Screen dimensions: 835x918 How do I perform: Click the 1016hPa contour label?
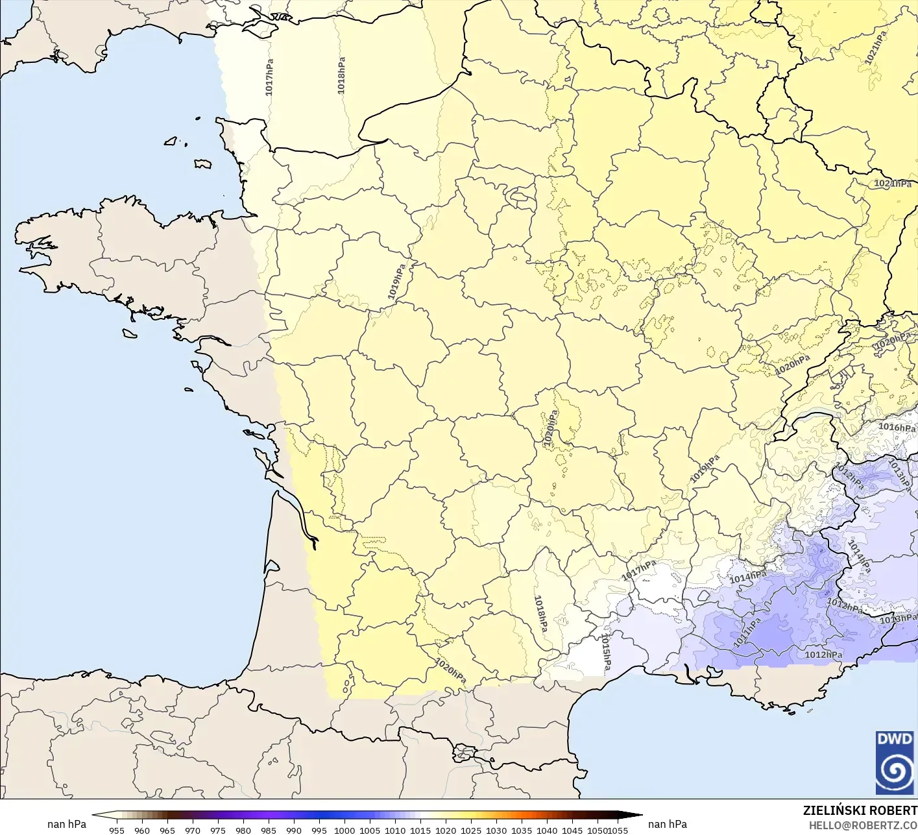[x=897, y=427]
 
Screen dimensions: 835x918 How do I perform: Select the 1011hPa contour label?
[x=747, y=633]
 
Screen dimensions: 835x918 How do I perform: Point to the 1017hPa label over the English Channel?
[x=269, y=77]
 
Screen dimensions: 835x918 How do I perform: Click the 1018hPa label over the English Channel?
[x=341, y=75]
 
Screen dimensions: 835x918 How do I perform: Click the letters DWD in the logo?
[x=894, y=739]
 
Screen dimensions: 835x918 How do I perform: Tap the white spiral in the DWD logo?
[x=895, y=771]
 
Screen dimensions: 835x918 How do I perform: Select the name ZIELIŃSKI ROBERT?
[x=860, y=810]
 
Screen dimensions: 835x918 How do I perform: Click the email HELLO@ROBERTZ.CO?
[x=863, y=825]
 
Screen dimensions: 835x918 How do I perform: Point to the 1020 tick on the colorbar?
[x=446, y=830]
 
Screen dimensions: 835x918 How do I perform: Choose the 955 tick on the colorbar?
[x=117, y=830]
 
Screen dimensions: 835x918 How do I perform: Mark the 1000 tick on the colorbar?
[x=344, y=830]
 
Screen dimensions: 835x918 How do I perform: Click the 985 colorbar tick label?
[x=269, y=830]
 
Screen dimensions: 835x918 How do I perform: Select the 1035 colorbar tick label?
[x=522, y=830]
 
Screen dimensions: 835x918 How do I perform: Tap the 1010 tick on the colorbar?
[x=395, y=830]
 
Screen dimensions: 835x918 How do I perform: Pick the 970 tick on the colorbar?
[x=193, y=830]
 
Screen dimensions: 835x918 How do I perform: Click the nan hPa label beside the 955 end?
[x=67, y=824]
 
